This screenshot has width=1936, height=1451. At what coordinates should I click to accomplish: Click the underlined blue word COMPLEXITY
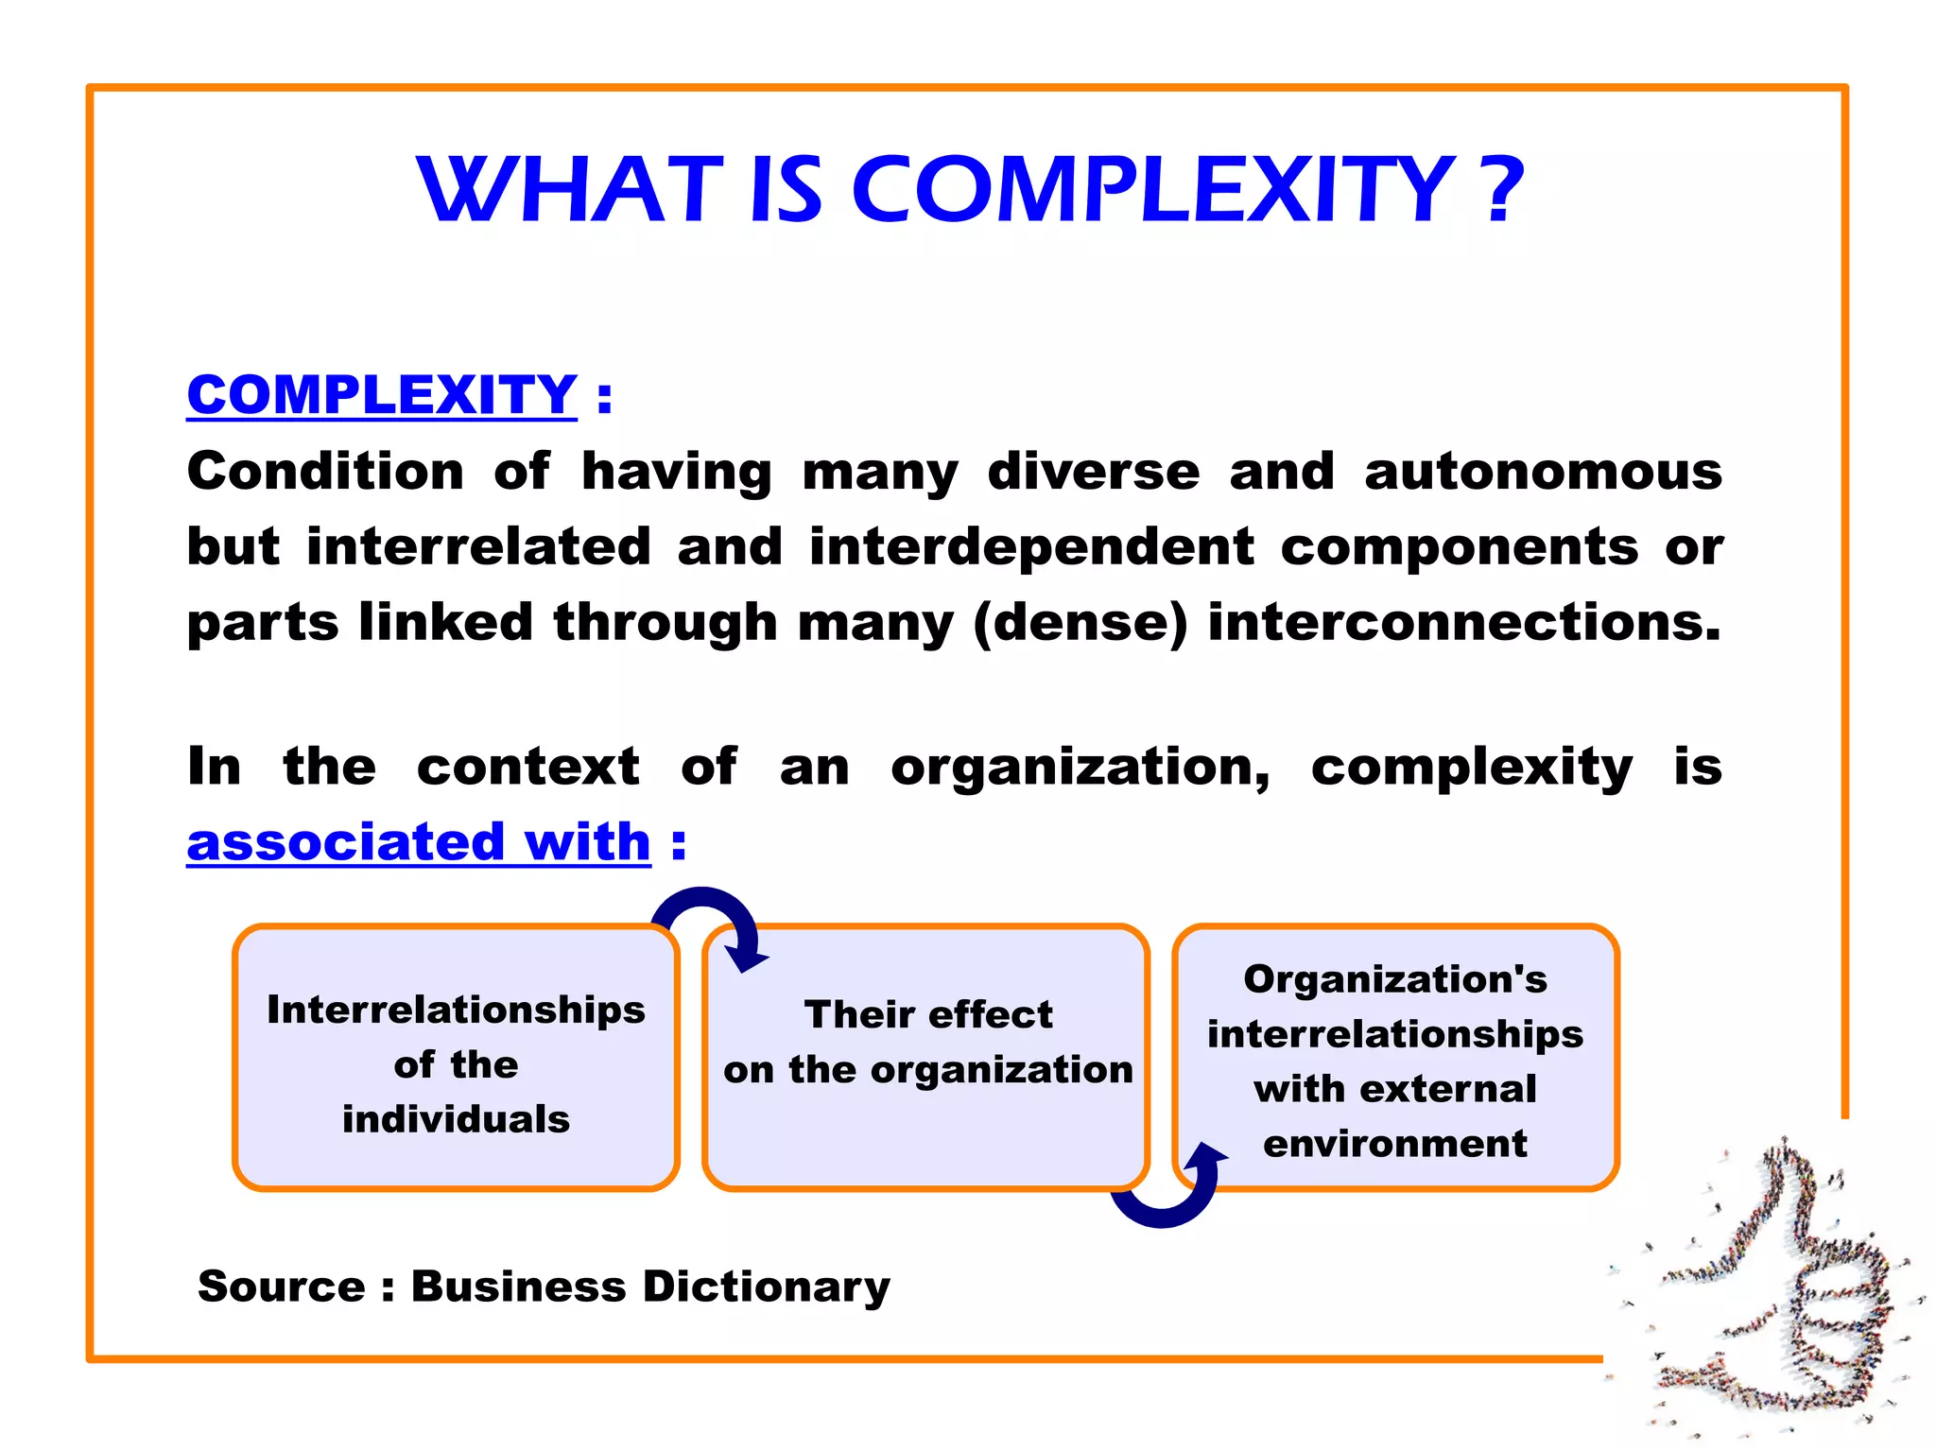[x=382, y=395]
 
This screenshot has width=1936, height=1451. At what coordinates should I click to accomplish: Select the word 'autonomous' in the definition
[x=1543, y=471]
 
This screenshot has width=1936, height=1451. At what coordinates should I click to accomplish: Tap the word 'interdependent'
[x=1031, y=546]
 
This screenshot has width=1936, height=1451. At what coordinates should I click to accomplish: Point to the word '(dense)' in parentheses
[x=1080, y=622]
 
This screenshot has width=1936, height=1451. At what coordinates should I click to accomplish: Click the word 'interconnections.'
[x=1464, y=622]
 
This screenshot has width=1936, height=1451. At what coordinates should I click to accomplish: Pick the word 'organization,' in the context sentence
[x=1080, y=768]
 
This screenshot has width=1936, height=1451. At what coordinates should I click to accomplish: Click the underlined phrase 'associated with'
[x=419, y=841]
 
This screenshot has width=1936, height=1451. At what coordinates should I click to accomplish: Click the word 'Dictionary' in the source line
[x=767, y=1287]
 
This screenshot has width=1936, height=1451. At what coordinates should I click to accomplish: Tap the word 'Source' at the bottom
[x=281, y=1287]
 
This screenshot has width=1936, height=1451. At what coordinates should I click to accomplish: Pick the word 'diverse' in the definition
[x=1094, y=471]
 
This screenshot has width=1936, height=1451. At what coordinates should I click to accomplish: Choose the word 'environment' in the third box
[x=1395, y=1144]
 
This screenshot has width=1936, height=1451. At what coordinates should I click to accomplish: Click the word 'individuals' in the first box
[x=456, y=1119]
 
